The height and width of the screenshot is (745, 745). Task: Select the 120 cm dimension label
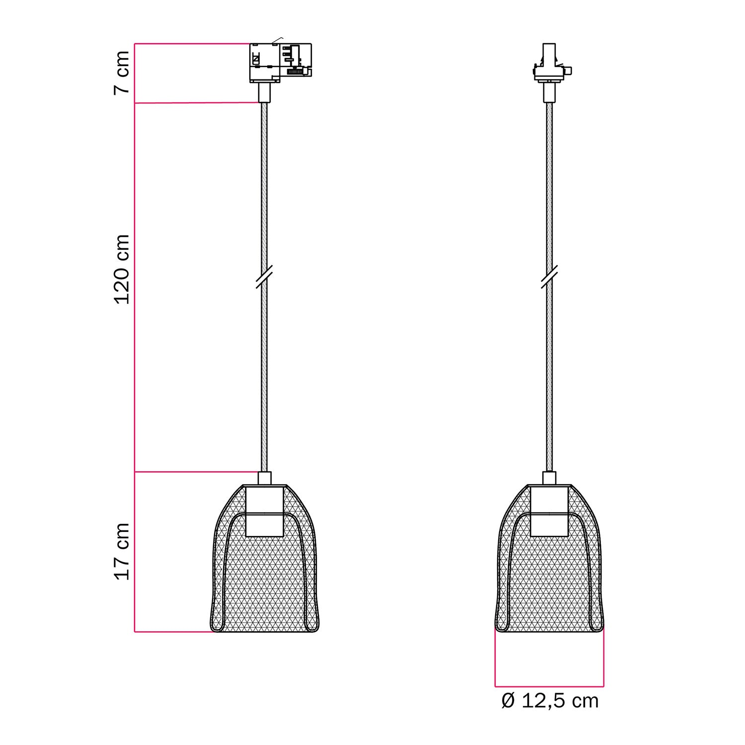122,269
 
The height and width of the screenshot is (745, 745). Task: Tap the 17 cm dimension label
122,551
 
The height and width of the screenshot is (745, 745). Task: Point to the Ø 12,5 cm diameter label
550,701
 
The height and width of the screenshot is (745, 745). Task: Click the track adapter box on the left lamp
280,62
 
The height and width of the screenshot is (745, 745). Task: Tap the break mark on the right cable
549,277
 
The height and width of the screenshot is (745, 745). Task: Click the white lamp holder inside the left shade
264,512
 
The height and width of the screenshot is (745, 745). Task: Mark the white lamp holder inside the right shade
549,512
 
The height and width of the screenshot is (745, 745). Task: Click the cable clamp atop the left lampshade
264,478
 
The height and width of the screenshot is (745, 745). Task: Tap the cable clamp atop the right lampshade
549,478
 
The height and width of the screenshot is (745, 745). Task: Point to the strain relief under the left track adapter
264,92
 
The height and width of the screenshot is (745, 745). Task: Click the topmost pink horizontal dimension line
191,44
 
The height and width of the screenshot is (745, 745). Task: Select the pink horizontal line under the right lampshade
549,686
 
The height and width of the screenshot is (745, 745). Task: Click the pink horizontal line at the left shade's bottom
174,632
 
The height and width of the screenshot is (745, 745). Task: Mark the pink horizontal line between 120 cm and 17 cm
196,472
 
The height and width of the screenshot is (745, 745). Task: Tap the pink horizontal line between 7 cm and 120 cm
196,103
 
